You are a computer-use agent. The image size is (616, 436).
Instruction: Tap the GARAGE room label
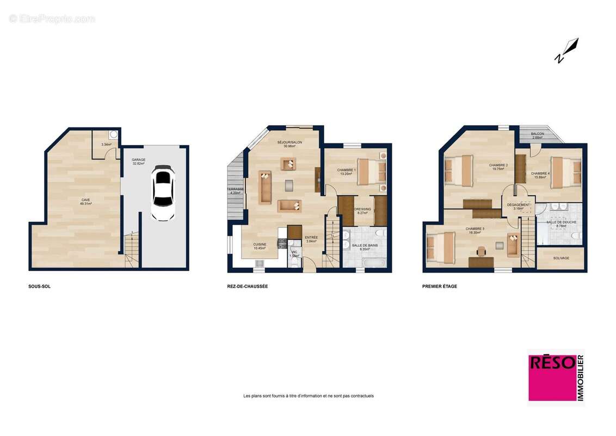coord(138,160)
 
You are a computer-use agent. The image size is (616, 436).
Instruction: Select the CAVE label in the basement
coord(86,201)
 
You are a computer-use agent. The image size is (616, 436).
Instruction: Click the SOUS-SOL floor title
coord(39,286)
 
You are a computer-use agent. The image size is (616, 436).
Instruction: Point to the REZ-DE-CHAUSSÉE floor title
coord(248,286)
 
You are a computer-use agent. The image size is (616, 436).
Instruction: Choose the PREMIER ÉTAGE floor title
coord(440,286)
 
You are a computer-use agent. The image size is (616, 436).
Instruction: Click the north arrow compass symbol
coord(567,50)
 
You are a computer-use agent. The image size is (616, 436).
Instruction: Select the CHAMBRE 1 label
coord(347,170)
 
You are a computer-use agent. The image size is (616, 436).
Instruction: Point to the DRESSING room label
coord(362,209)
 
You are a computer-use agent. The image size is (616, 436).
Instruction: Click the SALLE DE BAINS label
coord(365,246)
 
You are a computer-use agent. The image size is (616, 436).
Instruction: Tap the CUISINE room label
coord(260,245)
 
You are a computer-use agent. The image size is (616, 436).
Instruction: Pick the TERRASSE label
coord(236,189)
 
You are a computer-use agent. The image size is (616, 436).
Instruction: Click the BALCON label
coord(538,134)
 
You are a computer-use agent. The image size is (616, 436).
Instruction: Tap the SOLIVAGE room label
coord(561,258)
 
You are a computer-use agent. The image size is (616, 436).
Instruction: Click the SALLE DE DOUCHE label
coord(562,222)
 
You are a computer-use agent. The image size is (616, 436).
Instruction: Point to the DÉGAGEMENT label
coord(518,205)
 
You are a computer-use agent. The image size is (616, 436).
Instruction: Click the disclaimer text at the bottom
coord(309,396)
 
